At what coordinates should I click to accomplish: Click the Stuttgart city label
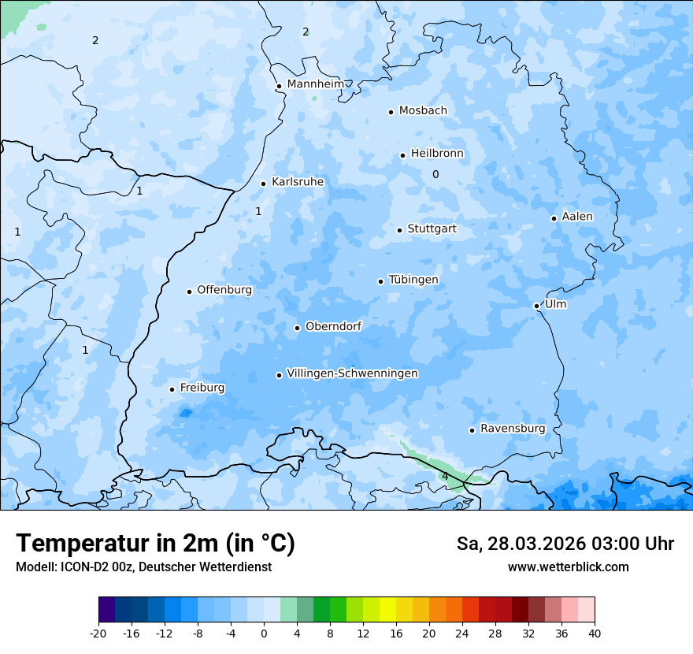click(x=432, y=229)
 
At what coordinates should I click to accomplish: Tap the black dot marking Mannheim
click(x=279, y=87)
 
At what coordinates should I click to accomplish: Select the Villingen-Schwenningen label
click(x=352, y=373)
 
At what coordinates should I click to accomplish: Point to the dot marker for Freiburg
click(x=172, y=389)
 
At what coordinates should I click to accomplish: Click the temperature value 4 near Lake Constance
click(x=445, y=476)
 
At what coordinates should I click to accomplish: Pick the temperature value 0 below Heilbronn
click(x=435, y=174)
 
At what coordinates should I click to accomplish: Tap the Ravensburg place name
click(x=513, y=429)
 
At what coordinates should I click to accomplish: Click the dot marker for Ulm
click(x=536, y=306)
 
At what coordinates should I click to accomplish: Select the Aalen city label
click(x=577, y=217)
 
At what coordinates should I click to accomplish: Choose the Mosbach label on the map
click(x=423, y=111)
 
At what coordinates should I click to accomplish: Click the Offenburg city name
click(x=224, y=290)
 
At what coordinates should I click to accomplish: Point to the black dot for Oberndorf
click(x=297, y=328)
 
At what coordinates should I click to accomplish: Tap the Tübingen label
click(x=413, y=281)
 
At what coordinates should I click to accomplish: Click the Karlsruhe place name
click(x=298, y=182)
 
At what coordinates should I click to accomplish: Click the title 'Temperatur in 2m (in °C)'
click(x=155, y=543)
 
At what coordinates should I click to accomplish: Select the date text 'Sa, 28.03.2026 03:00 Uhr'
click(x=565, y=544)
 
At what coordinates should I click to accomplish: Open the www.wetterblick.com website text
click(x=568, y=567)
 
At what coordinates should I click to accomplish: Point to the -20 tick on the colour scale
click(x=98, y=633)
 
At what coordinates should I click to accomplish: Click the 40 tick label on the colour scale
click(x=595, y=633)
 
